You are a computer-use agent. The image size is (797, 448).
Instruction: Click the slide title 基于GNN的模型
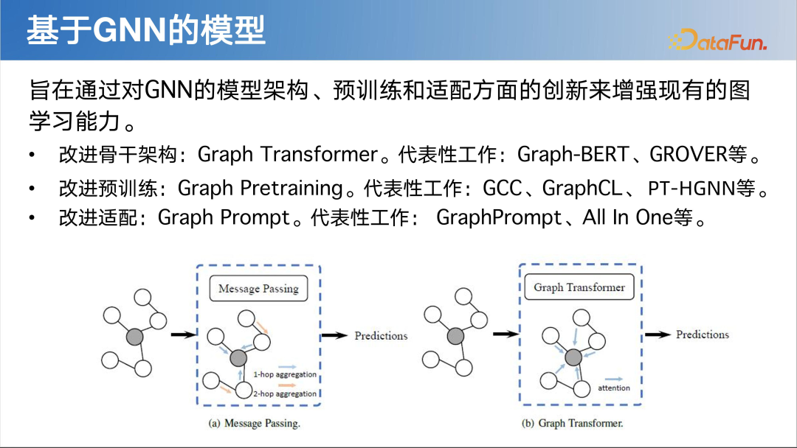pyautogui.click(x=145, y=31)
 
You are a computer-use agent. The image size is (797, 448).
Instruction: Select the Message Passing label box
pyautogui.click(x=258, y=288)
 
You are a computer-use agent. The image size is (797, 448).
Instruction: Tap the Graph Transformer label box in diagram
pyautogui.click(x=579, y=287)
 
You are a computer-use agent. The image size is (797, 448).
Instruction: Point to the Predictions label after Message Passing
pyautogui.click(x=381, y=335)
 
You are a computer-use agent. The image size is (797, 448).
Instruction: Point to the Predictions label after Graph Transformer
pyautogui.click(x=702, y=335)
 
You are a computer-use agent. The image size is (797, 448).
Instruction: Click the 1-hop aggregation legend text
pyautogui.click(x=285, y=375)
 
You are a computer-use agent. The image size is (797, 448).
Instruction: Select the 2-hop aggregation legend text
pyautogui.click(x=285, y=394)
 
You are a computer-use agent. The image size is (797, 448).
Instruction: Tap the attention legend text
pyautogui.click(x=613, y=388)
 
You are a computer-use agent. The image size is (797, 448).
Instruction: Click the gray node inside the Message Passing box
pyautogui.click(x=237, y=358)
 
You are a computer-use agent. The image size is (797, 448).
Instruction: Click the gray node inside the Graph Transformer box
pyautogui.click(x=573, y=357)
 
